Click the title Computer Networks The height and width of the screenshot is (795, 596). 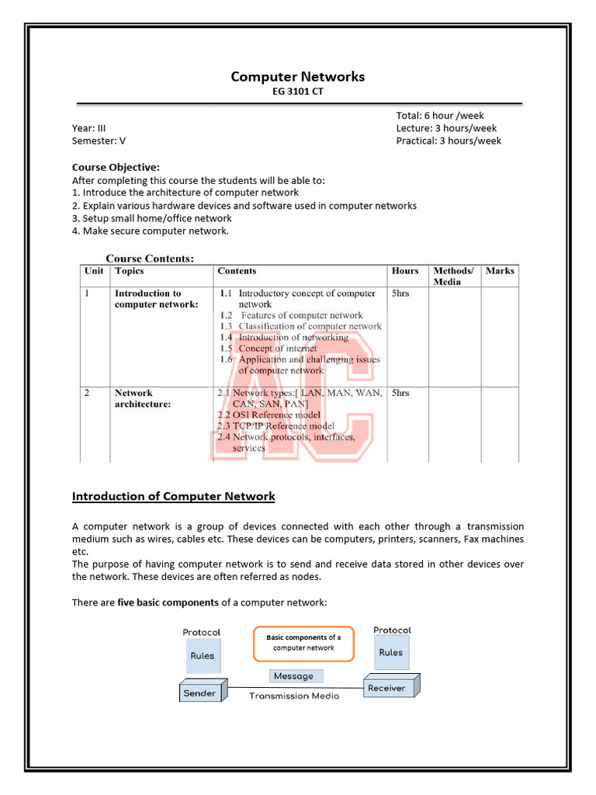tap(297, 76)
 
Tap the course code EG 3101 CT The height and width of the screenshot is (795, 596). tap(297, 92)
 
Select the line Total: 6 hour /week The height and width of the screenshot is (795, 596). tap(439, 116)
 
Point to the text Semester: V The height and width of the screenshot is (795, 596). tap(99, 141)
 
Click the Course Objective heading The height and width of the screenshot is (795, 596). tap(116, 167)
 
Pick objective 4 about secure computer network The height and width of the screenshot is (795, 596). tap(151, 231)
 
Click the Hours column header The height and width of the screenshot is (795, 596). tap(405, 271)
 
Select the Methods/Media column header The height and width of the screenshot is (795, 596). tap(453, 276)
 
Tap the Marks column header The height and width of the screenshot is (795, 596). tap(500, 271)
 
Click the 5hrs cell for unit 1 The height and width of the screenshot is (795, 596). tap(400, 293)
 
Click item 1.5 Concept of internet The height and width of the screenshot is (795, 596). tap(268, 349)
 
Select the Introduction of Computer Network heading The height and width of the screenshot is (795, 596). tap(173, 496)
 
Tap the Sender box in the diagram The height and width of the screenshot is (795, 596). tap(200, 693)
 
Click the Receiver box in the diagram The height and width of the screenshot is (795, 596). tap(387, 687)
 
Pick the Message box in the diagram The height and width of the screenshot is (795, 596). tap(293, 676)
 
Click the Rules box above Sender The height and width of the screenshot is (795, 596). tap(203, 656)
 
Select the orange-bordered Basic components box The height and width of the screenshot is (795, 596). tap(303, 643)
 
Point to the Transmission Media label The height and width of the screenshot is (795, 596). tap(294, 696)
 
